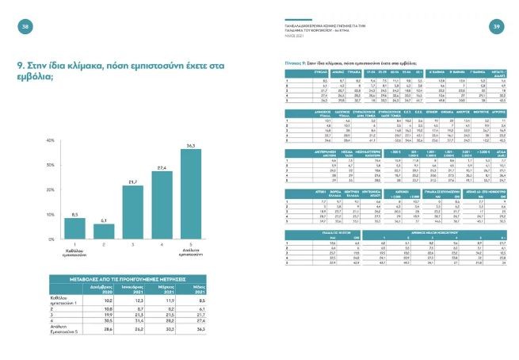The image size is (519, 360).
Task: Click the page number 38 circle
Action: coord(25,27)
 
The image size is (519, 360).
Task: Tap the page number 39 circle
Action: coord(495,27)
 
